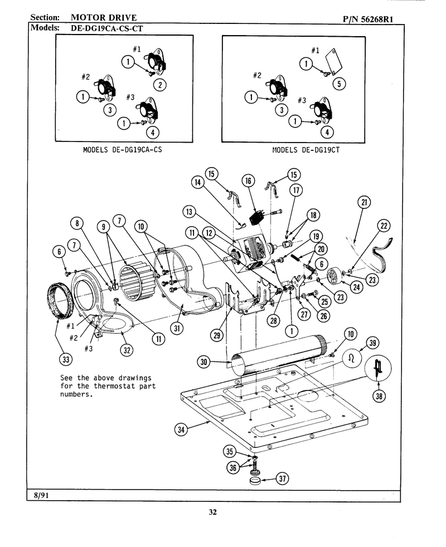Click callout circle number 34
tap(181, 429)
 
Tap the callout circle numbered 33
tap(66, 359)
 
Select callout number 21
tap(364, 202)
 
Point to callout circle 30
tap(203, 362)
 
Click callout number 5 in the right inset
tap(339, 84)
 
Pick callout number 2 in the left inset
tap(159, 85)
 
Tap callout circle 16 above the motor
tap(248, 180)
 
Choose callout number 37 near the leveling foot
tap(282, 478)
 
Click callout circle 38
tap(379, 395)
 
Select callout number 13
tap(189, 212)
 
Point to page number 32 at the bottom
tap(213, 512)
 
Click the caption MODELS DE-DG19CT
tap(306, 150)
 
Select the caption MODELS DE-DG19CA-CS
tap(122, 150)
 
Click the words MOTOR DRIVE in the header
tap(104, 17)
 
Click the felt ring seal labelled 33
tap(60, 301)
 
